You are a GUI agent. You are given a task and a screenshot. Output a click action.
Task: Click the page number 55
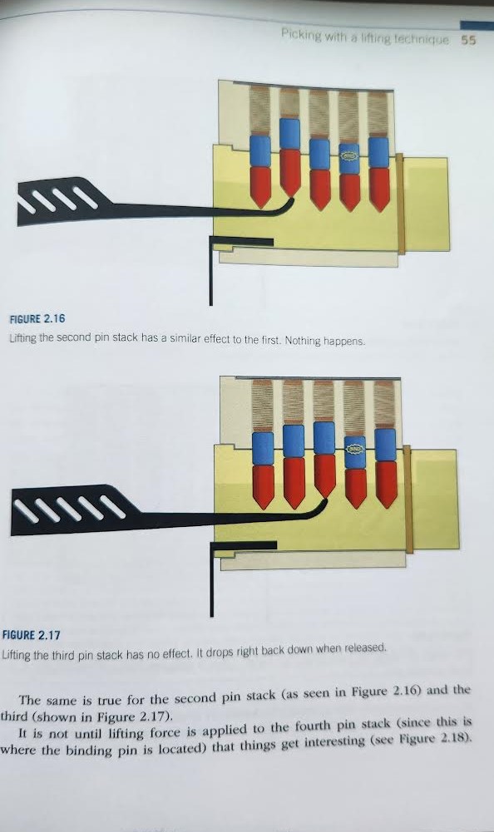[468, 40]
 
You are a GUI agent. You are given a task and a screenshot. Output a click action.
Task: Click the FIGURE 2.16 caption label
[37, 318]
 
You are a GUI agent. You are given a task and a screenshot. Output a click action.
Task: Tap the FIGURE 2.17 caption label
[32, 635]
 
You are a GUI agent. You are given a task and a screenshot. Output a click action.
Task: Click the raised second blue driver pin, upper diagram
[289, 133]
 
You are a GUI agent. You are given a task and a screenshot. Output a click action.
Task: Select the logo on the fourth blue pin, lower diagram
[354, 450]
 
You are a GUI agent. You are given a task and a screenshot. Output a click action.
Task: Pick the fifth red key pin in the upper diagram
[379, 190]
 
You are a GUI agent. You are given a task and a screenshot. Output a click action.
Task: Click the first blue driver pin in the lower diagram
[263, 449]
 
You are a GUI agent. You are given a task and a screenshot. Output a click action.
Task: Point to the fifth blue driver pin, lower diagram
[385, 445]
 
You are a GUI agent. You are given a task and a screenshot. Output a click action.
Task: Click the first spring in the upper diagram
[259, 111]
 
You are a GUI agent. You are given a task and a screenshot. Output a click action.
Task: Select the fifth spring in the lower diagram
[384, 404]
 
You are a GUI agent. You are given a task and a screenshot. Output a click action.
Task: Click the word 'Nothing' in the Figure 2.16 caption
[302, 341]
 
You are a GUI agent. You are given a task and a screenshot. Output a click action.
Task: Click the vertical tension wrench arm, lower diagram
[212, 583]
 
